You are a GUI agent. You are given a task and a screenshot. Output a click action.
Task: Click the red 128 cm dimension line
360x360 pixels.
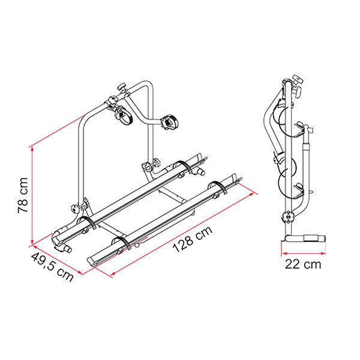[183, 234]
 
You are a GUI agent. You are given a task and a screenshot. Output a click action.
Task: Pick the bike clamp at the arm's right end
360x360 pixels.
[169, 122]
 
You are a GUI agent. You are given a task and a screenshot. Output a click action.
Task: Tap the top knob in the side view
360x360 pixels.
[293, 80]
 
